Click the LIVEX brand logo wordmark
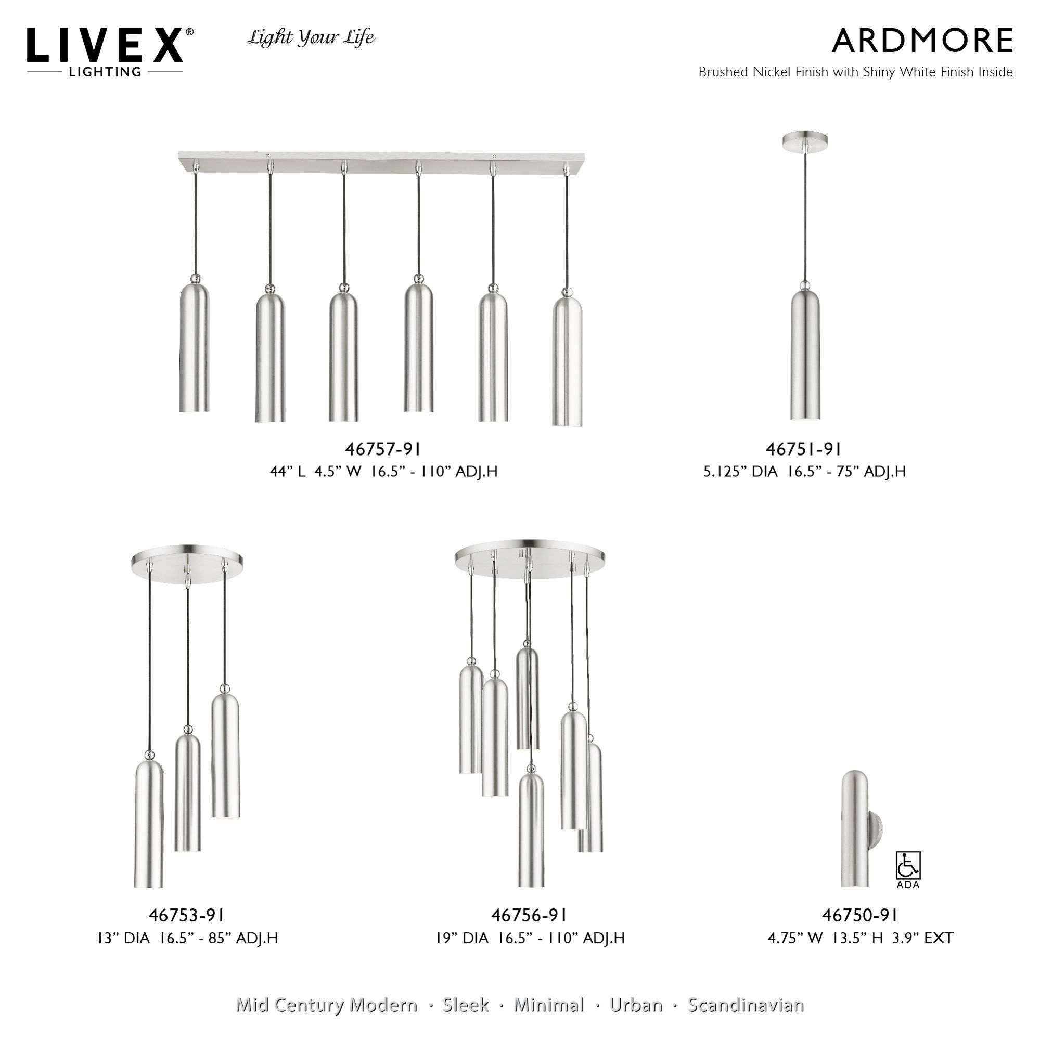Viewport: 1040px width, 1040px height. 106,45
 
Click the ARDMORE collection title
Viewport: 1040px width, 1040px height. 922,41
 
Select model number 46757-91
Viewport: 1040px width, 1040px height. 382,449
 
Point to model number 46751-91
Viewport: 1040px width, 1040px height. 804,449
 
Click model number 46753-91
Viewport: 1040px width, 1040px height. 186,915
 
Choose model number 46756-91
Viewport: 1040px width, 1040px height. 529,915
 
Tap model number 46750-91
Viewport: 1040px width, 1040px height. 859,915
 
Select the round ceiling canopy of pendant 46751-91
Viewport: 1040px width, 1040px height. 805,140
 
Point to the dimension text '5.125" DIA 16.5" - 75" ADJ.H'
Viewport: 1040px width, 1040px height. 804,472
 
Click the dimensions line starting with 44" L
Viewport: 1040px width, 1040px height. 383,472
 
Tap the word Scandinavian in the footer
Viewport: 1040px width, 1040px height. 746,1005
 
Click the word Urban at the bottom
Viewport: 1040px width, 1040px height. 636,1005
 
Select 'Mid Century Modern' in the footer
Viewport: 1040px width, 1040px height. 326,1005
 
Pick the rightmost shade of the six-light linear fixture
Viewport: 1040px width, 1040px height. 567,361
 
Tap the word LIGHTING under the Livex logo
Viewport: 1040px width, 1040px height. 105,72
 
